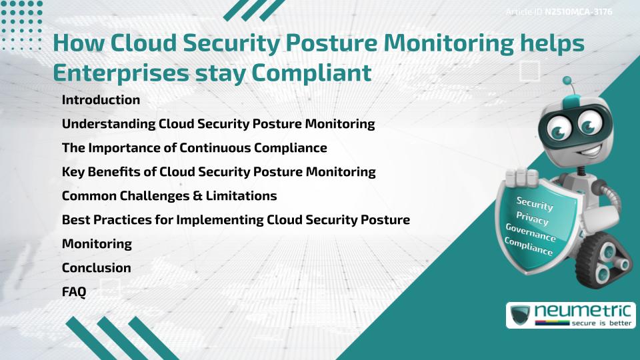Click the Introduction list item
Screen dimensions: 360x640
point(101,100)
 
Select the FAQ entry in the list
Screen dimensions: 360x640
point(74,291)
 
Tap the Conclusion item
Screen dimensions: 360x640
point(96,267)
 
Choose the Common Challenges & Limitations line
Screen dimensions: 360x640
point(169,196)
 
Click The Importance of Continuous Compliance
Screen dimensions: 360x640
point(194,148)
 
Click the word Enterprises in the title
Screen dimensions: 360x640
point(120,73)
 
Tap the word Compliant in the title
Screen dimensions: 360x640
point(316,73)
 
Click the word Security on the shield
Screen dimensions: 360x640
point(535,204)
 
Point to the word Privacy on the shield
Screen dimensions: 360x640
point(533,218)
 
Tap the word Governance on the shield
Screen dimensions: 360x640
point(531,233)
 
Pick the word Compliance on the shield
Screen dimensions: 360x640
point(529,247)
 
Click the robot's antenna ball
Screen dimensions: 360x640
point(567,81)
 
